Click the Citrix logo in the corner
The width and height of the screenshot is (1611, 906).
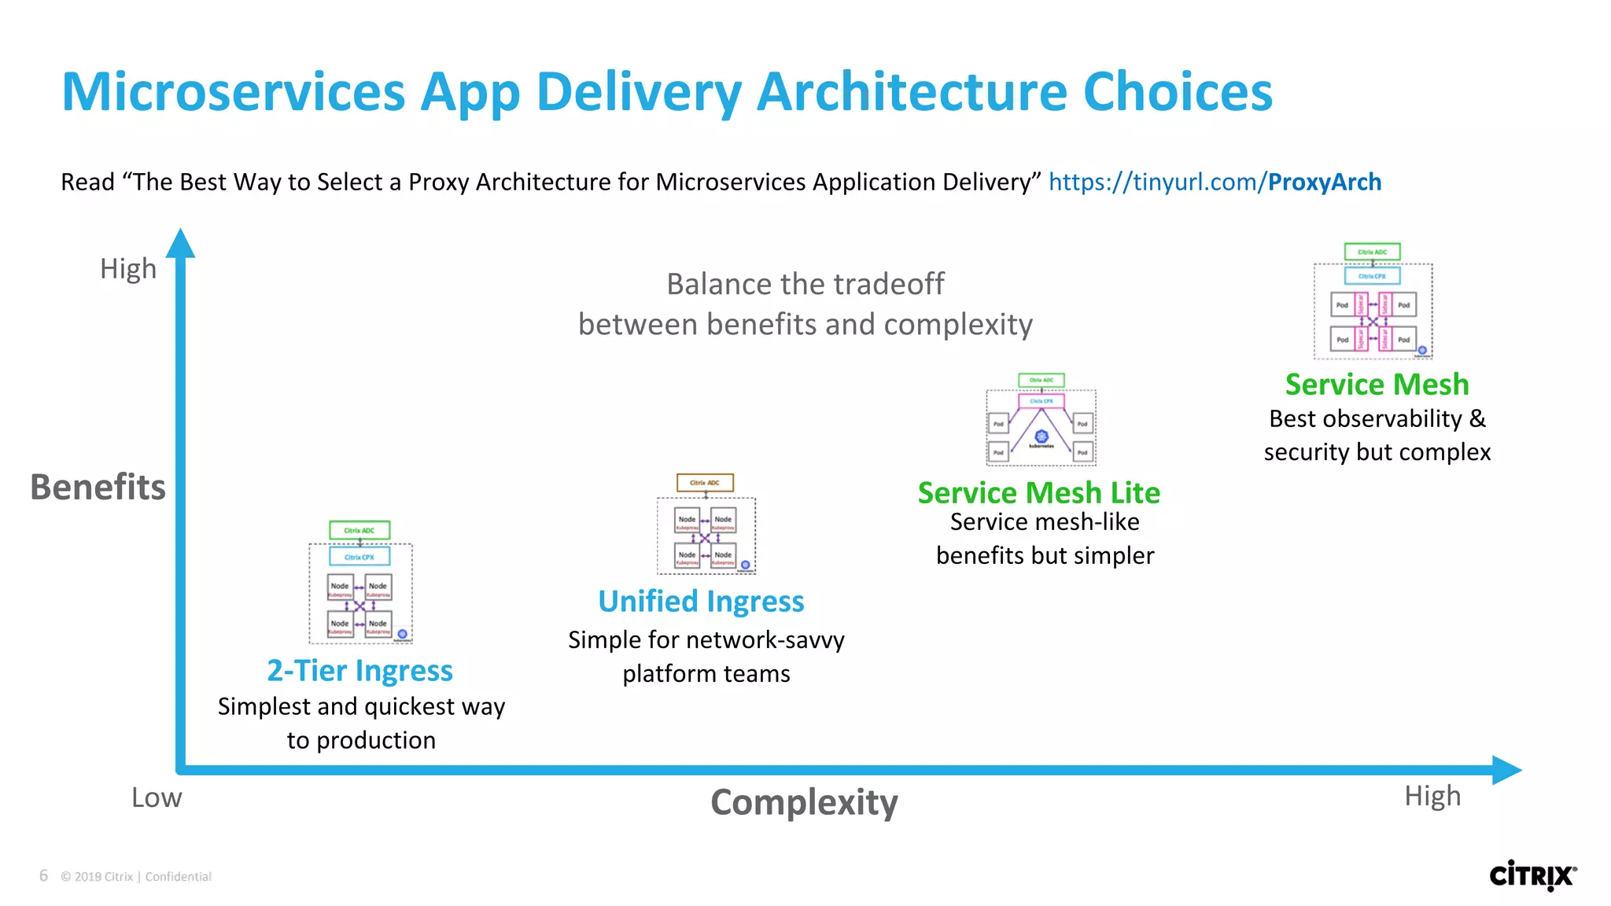click(1532, 875)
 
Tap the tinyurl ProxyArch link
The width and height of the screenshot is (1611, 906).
click(1215, 182)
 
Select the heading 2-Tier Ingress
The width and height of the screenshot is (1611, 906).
click(359, 670)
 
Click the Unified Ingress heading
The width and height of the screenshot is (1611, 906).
click(701, 601)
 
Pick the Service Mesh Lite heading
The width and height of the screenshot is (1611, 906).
click(1038, 492)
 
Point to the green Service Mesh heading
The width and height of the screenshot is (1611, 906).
click(1377, 384)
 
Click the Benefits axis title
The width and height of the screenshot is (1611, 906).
click(98, 487)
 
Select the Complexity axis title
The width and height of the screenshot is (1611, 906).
click(803, 802)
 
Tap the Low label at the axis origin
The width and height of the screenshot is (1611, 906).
click(157, 797)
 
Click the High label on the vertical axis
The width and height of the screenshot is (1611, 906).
click(128, 269)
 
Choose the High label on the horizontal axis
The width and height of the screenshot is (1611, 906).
click(1432, 796)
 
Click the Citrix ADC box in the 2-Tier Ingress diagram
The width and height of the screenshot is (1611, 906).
click(359, 530)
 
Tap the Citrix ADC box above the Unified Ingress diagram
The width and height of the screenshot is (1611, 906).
click(705, 482)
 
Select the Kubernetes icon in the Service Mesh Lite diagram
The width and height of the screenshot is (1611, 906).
click(1041, 437)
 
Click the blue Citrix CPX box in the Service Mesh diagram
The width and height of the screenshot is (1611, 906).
click(1372, 276)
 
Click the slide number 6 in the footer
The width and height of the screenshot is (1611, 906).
click(44, 875)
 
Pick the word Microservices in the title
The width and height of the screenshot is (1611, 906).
click(233, 92)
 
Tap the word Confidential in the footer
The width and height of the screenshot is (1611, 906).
click(178, 876)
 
